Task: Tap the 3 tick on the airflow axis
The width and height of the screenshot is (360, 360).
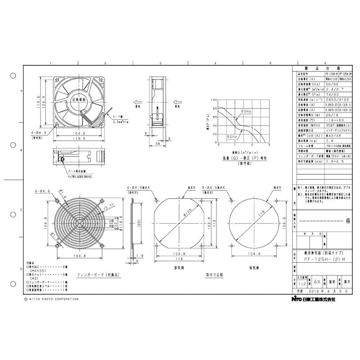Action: (269, 145)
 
